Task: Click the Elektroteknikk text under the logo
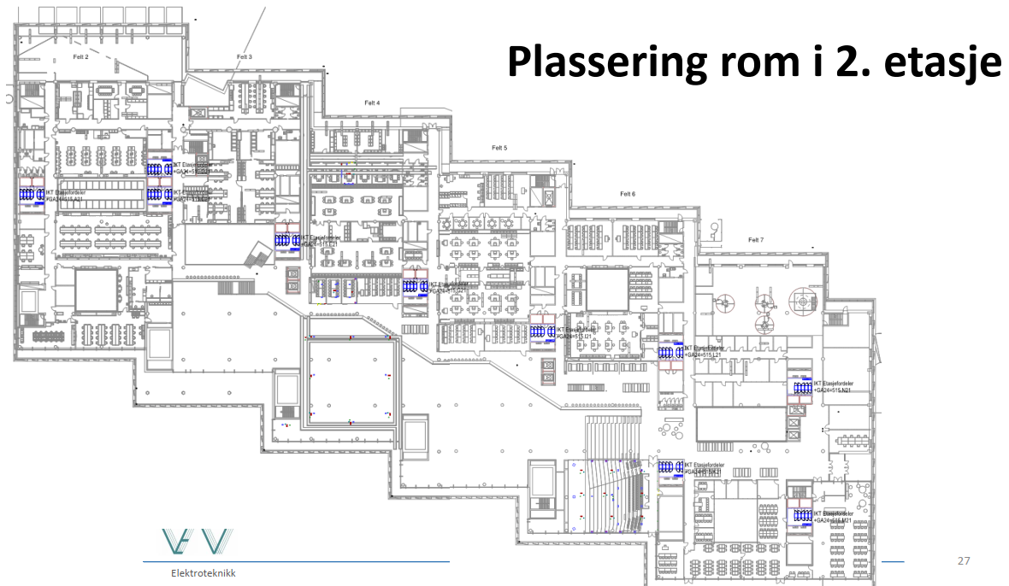tap(203, 572)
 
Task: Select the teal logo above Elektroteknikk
tap(196, 543)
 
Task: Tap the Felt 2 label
tap(80, 56)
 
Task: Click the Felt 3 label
tap(245, 56)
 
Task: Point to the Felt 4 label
tap(372, 103)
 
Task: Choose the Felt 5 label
tap(499, 148)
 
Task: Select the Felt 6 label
tap(628, 194)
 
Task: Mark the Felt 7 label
tap(755, 240)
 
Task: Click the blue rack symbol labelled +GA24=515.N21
tap(802, 387)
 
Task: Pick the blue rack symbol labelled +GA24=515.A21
tap(32, 195)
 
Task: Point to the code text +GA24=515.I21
tap(574, 337)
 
